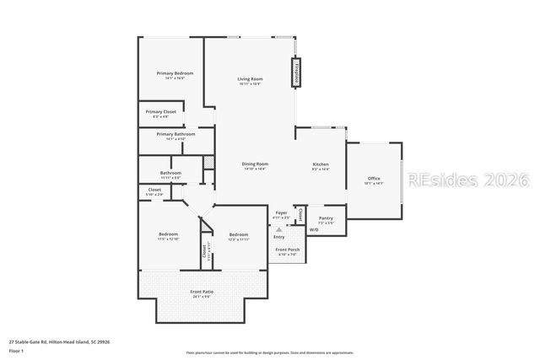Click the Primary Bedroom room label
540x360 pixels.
175,73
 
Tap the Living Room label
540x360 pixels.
250,79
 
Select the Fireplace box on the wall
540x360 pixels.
296,73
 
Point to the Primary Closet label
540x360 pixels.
160,111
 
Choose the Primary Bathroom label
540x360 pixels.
175,134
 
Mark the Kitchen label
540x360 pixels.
321,164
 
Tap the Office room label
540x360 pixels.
374,179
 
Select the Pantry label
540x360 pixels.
325,218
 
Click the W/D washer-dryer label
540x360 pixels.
314,229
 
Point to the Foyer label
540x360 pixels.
282,212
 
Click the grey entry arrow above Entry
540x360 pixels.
278,228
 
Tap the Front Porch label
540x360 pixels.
288,250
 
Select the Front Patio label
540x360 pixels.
202,292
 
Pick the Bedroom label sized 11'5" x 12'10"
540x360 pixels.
169,234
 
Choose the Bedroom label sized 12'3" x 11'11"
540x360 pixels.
239,234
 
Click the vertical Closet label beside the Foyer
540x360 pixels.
301,214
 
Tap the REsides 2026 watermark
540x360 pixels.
467,180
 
